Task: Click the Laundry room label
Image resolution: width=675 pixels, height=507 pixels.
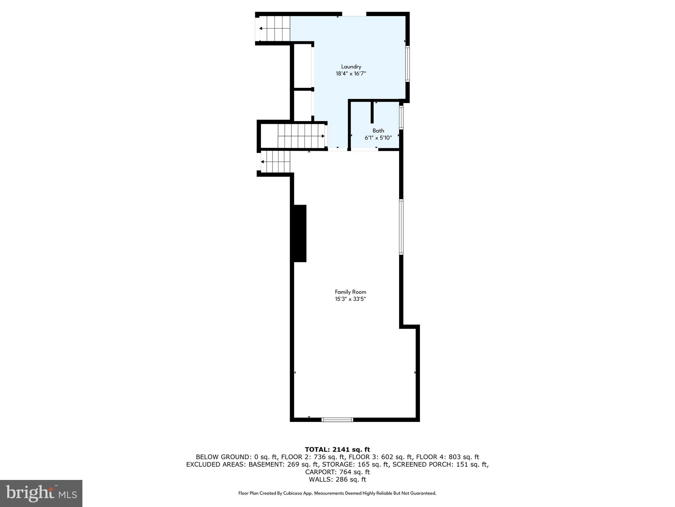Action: pyautogui.click(x=351, y=67)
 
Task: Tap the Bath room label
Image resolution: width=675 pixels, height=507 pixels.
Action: pyautogui.click(x=378, y=131)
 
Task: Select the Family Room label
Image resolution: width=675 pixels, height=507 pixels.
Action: pyautogui.click(x=350, y=292)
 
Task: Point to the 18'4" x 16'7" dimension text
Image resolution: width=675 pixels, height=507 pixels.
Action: pyautogui.click(x=351, y=74)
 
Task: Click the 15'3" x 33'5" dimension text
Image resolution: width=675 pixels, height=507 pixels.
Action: pyautogui.click(x=350, y=299)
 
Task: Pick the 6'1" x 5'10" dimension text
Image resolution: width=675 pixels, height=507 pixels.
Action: pyautogui.click(x=378, y=138)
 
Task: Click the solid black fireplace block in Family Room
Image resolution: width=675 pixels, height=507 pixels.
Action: pyautogui.click(x=300, y=233)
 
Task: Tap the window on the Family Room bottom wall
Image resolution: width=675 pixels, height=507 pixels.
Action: pyautogui.click(x=337, y=420)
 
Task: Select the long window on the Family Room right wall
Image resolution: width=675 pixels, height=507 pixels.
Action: pyautogui.click(x=401, y=227)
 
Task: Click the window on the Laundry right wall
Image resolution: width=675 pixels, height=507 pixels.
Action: pyautogui.click(x=407, y=64)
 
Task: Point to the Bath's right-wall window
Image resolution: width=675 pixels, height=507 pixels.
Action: pyautogui.click(x=401, y=117)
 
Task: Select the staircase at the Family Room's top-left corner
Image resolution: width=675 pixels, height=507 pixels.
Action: pyautogui.click(x=275, y=162)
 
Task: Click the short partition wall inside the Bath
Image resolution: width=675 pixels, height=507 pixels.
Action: pyautogui.click(x=372, y=112)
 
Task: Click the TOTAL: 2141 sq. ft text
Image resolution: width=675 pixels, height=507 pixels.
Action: pyautogui.click(x=337, y=449)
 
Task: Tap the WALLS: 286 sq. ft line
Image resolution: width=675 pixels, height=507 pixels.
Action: pyautogui.click(x=337, y=479)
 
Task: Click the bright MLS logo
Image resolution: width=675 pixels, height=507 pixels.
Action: pyautogui.click(x=41, y=493)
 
